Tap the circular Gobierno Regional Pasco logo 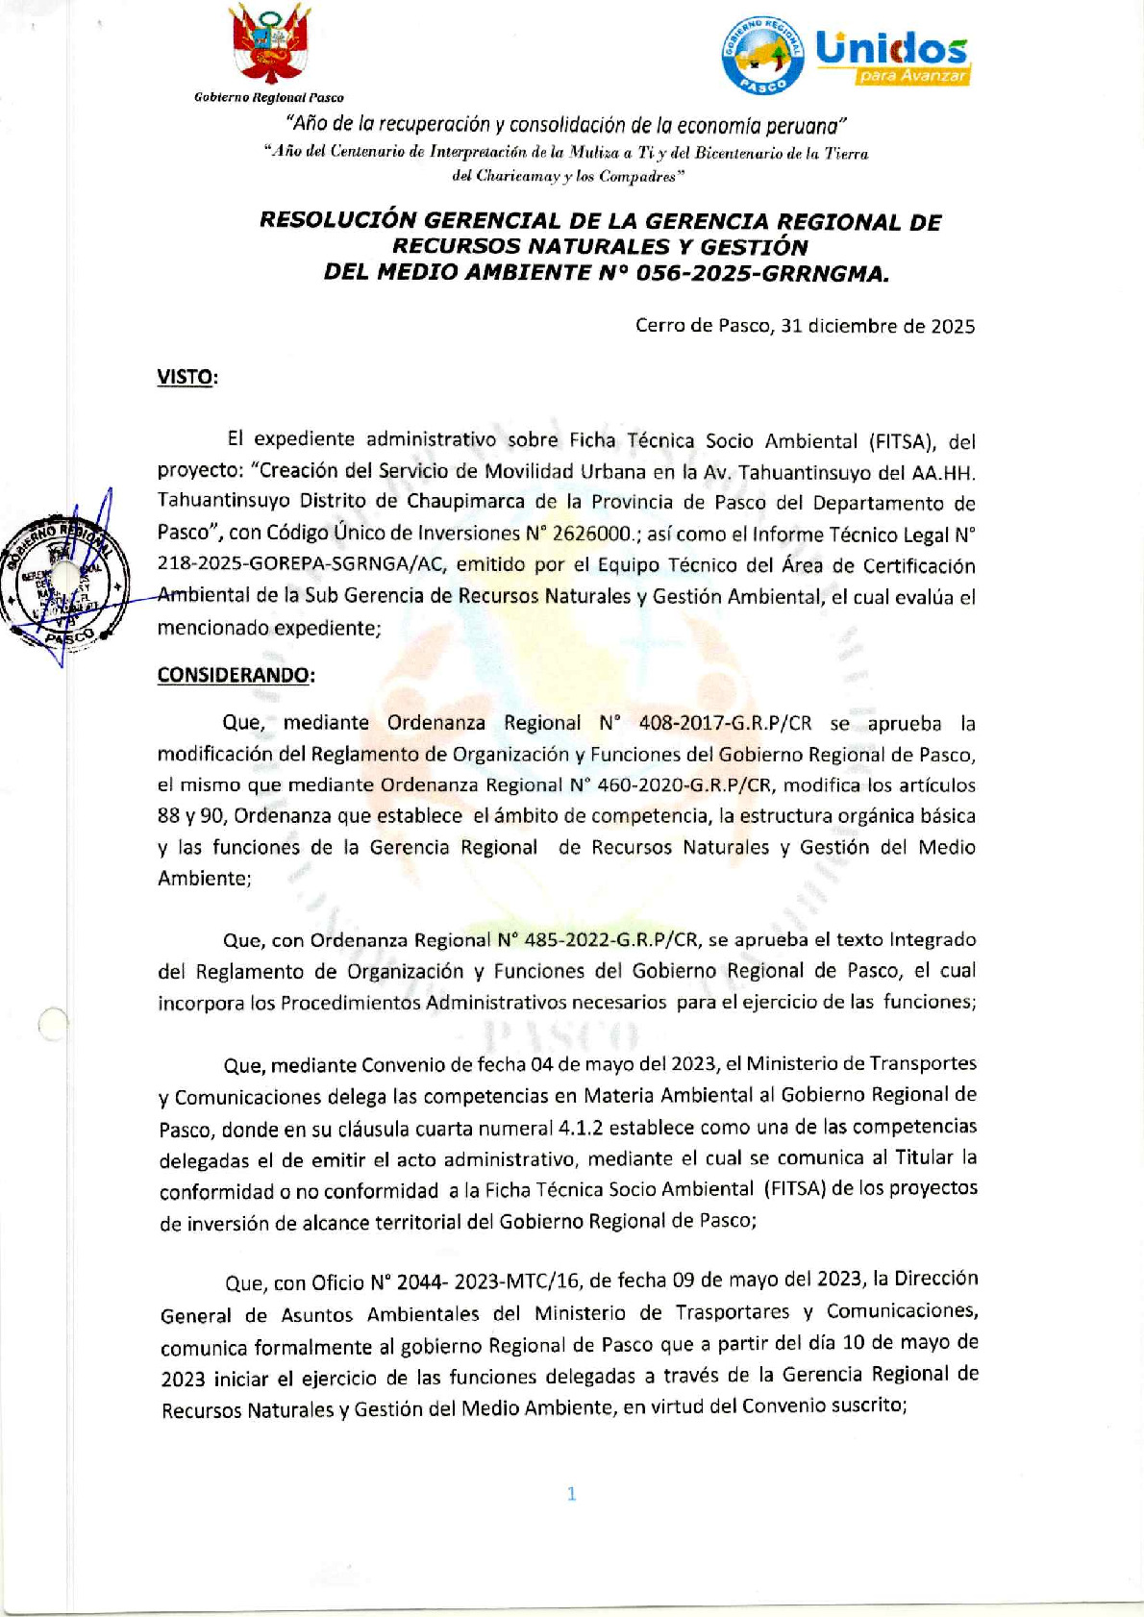pos(763,55)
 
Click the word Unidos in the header pos(890,47)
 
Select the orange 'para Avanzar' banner pos(913,76)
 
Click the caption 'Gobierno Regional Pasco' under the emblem pos(268,97)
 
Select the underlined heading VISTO pos(187,377)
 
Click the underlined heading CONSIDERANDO pos(235,675)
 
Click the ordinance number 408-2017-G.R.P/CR pos(725,723)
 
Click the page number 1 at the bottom pos(571,1493)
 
